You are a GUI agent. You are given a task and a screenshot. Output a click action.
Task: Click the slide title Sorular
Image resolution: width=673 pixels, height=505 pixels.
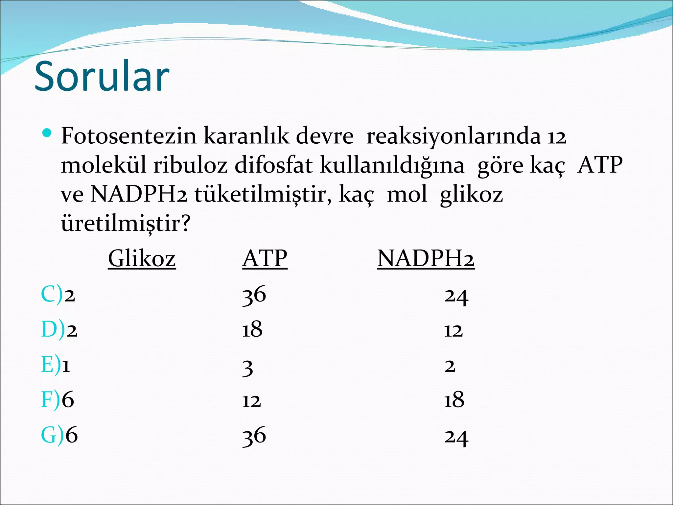coord(102,76)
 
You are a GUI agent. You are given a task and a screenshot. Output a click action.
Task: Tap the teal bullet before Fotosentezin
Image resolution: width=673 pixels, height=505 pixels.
coord(47,133)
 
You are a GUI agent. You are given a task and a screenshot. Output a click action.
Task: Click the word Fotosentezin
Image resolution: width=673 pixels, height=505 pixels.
coord(128,136)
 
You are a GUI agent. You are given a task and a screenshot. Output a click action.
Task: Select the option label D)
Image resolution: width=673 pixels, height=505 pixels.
coord(53,329)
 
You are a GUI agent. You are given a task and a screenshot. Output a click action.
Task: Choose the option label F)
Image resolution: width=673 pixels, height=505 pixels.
coord(51,400)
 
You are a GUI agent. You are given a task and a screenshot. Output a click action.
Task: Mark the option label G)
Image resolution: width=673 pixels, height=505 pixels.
coord(52,435)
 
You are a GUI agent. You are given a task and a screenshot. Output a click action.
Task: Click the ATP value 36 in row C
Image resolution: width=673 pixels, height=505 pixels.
coord(254,295)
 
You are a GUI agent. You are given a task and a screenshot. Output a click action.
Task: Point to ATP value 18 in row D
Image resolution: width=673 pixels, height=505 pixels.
coord(252,330)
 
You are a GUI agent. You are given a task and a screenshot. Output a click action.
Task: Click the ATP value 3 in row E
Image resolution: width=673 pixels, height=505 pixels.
coord(248,368)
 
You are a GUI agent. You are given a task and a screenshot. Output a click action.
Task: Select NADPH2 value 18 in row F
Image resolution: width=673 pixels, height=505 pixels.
coord(454,400)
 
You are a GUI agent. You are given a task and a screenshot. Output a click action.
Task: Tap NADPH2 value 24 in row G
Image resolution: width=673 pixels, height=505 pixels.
coord(456,437)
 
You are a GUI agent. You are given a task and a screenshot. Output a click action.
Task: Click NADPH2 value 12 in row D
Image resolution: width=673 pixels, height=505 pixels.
coord(453,330)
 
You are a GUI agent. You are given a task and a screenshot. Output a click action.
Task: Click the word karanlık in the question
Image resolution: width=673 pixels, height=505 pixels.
coord(246,136)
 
